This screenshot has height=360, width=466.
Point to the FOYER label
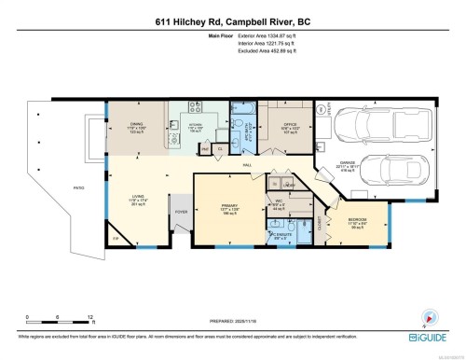click(181, 211)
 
